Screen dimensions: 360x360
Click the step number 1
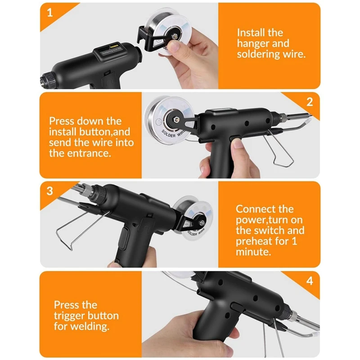click(50, 13)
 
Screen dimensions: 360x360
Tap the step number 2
click(309, 102)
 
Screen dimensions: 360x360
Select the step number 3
click(50, 190)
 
